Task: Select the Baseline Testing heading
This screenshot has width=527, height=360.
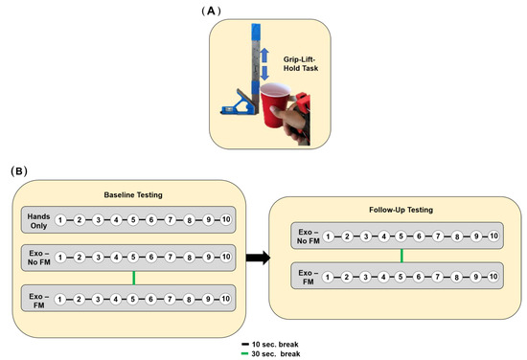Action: click(133, 194)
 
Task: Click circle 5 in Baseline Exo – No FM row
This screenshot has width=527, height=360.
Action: click(133, 258)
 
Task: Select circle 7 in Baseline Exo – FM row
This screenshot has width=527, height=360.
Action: click(170, 298)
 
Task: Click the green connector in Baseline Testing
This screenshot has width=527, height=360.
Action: click(133, 278)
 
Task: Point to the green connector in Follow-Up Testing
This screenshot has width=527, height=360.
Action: click(401, 257)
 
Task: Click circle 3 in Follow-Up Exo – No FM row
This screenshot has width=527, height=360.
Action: click(364, 236)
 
